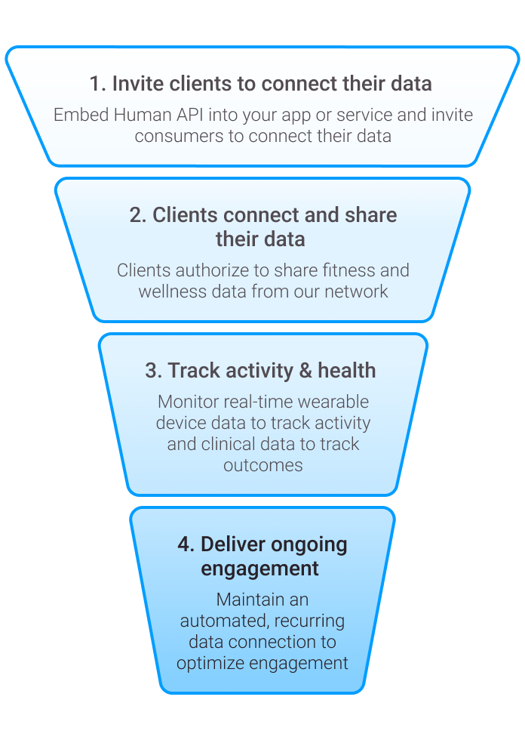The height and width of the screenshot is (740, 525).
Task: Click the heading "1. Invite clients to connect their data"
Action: pos(260,83)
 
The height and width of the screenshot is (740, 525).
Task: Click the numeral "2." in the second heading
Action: pos(138,215)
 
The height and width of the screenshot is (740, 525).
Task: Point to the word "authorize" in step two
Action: pos(200,270)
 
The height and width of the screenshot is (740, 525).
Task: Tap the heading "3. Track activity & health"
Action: pos(260,371)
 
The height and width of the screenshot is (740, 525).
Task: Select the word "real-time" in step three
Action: pos(262,402)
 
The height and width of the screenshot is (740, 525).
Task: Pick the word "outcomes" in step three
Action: pos(262,464)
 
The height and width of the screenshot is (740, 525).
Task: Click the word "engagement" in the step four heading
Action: pos(259,568)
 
